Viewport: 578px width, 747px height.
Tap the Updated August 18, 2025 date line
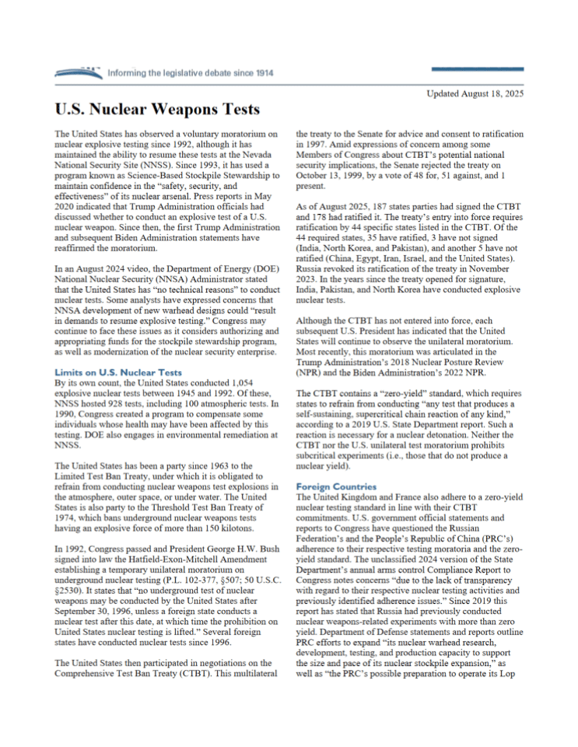[x=475, y=93]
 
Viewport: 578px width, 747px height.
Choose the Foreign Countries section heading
[x=335, y=486]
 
